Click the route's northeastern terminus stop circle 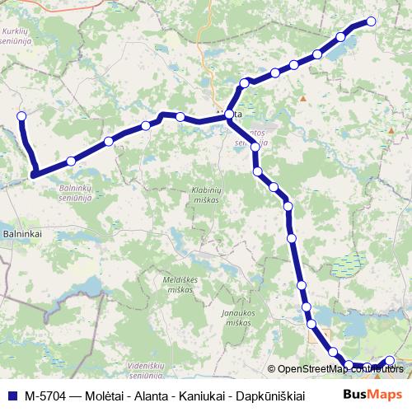point(371,21)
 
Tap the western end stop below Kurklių point(21,116)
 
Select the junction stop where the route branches point(229,117)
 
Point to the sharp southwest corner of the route point(34,173)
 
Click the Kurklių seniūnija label point(16,35)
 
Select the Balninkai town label point(22,234)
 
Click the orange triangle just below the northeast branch point(303,100)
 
